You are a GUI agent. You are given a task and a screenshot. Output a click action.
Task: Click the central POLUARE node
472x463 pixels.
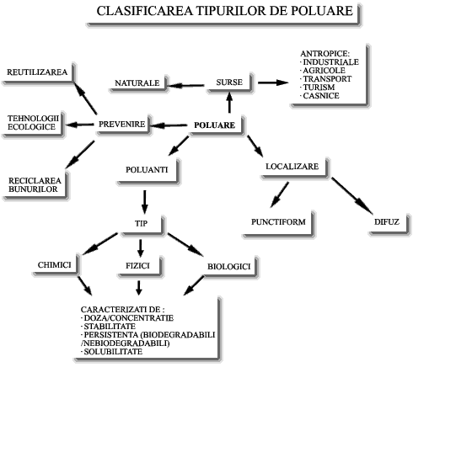tap(217, 125)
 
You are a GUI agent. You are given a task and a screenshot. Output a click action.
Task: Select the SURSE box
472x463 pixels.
tap(230, 82)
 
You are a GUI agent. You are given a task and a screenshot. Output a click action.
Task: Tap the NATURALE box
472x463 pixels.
tap(139, 83)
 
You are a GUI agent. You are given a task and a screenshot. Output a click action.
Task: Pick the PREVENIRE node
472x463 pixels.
tap(124, 125)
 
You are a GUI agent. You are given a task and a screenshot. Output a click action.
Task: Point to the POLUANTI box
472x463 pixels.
tap(148, 171)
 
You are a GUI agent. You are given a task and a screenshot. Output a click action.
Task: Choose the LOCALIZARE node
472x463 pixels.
tap(295, 168)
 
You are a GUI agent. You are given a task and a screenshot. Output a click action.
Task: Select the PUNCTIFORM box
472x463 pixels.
tap(279, 223)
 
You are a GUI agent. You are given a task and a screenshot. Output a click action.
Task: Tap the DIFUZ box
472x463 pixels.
tap(389, 224)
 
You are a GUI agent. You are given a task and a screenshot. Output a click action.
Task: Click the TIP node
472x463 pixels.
tap(142, 225)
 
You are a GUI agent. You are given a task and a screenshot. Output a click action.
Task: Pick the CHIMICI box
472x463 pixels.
tap(56, 265)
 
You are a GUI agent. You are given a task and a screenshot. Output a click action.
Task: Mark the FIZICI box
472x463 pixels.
tap(140, 266)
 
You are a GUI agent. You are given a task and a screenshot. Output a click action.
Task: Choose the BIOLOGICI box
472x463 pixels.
tap(231, 267)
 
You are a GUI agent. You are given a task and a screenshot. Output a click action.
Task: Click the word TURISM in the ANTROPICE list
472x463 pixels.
tap(319, 88)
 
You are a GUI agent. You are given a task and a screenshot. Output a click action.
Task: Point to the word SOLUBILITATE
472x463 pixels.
tap(113, 352)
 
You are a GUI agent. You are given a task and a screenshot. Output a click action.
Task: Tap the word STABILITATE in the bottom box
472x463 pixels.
tap(110, 327)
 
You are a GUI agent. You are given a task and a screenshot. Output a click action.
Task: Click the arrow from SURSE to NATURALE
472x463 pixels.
tap(186, 86)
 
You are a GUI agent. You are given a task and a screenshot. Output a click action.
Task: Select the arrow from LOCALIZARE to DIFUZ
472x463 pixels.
tap(352, 196)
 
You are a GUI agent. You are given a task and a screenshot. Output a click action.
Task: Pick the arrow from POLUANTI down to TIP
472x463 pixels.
tap(145, 202)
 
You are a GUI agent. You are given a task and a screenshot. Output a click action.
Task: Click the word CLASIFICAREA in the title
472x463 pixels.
tap(144, 11)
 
